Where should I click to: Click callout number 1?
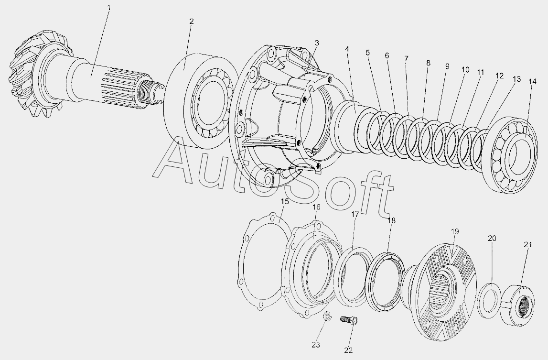108,7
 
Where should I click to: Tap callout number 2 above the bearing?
191,22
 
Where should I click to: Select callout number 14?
532,82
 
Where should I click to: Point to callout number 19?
455,231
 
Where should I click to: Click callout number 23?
316,345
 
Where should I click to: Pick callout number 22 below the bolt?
348,350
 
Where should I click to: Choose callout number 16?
316,207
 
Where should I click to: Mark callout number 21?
528,245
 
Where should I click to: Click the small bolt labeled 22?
348,320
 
